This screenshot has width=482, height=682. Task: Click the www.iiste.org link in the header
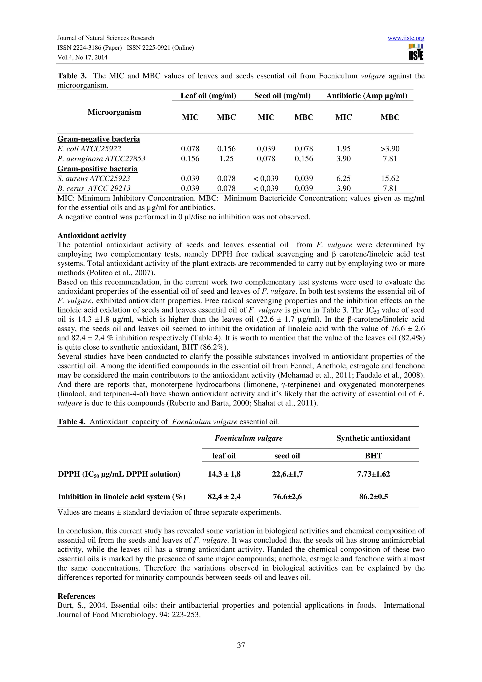point(406,38)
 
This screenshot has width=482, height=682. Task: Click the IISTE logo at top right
point(416,52)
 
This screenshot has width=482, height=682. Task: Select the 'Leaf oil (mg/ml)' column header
point(208,96)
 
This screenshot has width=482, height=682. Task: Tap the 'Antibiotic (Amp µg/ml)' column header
point(366,96)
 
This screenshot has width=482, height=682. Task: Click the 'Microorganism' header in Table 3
point(114,112)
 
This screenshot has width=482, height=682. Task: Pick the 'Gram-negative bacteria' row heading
point(99,139)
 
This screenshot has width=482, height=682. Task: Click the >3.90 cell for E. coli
point(390,149)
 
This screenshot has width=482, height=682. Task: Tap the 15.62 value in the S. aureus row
point(390,179)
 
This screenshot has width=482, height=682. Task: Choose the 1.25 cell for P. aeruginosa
point(226,159)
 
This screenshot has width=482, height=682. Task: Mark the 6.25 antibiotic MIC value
point(343,179)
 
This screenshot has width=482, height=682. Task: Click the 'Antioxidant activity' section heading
point(92,236)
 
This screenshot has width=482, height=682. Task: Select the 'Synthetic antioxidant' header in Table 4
point(373,438)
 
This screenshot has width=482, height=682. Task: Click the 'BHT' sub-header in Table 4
point(373,456)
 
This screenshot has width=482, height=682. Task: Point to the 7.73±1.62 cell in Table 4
point(373,474)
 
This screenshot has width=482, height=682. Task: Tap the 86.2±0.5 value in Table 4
point(373,497)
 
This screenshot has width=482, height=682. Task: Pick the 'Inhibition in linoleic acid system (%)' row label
point(121,497)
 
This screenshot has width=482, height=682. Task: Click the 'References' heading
point(76,596)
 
